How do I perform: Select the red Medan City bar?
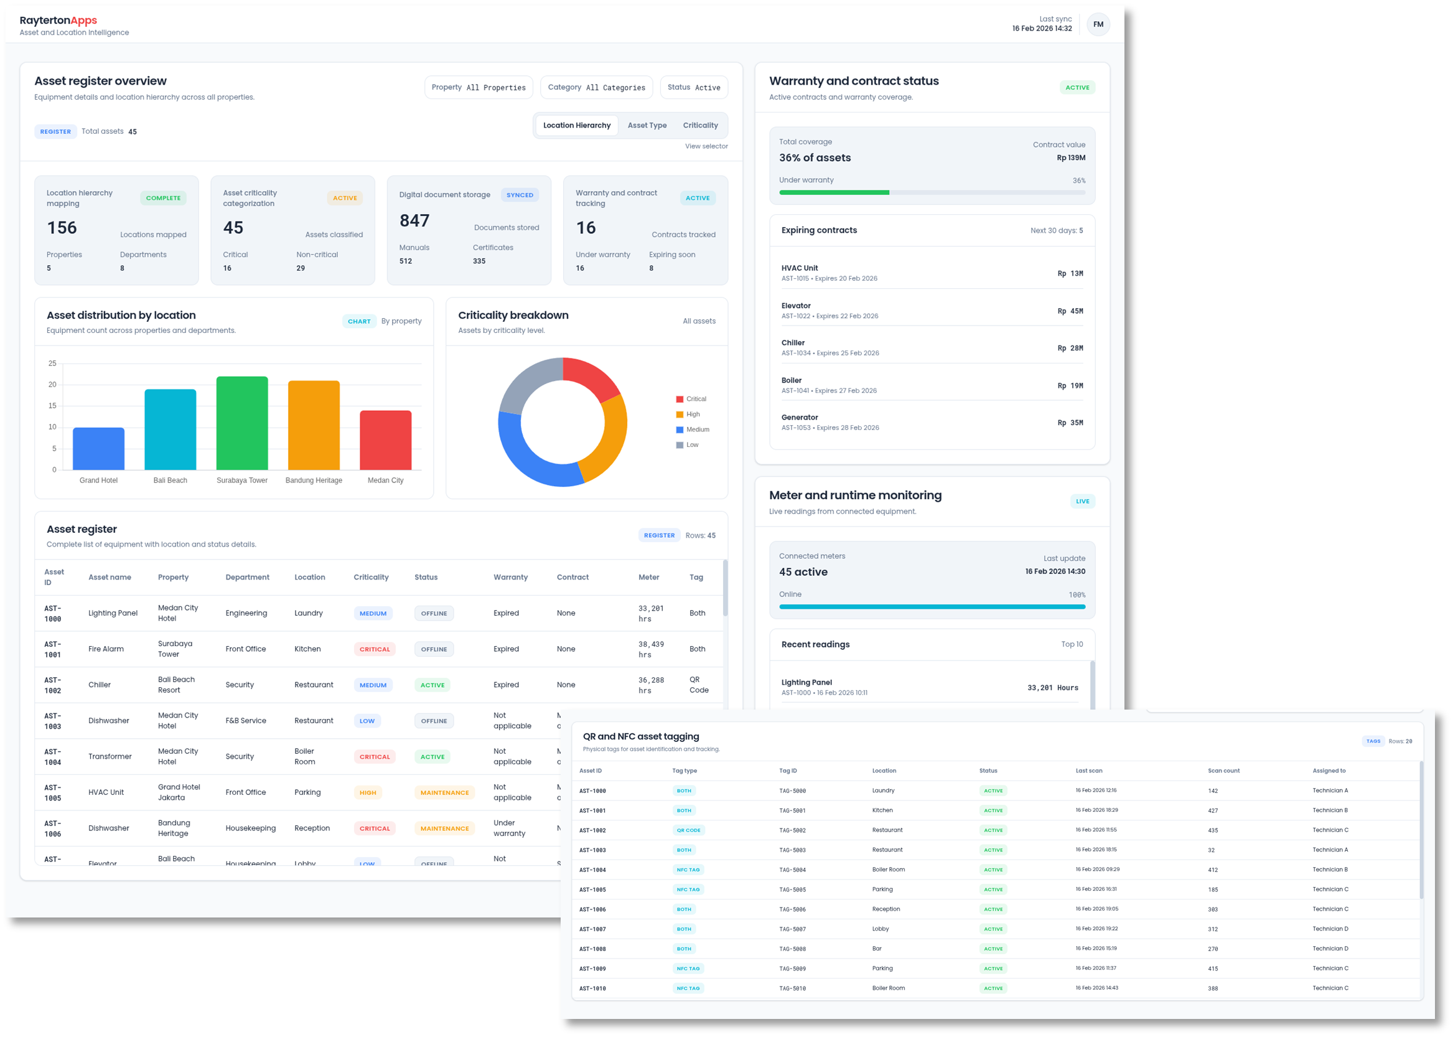click(x=386, y=440)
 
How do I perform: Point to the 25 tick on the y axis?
click(x=52, y=364)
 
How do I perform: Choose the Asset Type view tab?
click(x=647, y=125)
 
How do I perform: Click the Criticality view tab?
click(x=700, y=125)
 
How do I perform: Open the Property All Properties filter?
click(x=478, y=88)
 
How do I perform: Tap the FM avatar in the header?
click(x=1098, y=24)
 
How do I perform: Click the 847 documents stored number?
click(x=414, y=221)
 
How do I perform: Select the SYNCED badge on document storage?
click(x=520, y=195)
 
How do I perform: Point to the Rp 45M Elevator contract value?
click(x=1070, y=311)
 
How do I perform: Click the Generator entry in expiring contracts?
click(x=799, y=418)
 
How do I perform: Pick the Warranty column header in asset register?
click(x=510, y=577)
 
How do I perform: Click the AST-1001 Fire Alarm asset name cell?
click(x=106, y=649)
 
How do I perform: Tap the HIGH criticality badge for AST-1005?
click(x=368, y=792)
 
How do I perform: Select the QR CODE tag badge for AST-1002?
click(x=688, y=830)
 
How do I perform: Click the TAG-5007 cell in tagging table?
click(x=792, y=929)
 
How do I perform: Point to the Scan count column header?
click(x=1223, y=771)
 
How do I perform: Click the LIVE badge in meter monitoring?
click(x=1082, y=501)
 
